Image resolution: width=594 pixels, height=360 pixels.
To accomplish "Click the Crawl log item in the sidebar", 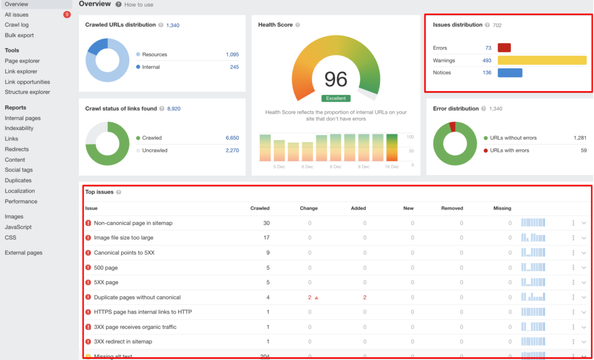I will click(x=16, y=25).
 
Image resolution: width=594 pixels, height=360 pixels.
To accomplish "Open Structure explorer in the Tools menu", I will click(x=27, y=92).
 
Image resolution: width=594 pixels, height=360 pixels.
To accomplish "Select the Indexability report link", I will click(x=19, y=128).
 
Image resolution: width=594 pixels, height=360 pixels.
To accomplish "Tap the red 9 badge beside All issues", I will click(x=67, y=14).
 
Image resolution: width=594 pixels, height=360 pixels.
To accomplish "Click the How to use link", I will click(x=139, y=5).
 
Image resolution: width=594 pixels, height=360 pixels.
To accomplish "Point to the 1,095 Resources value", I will click(x=232, y=54).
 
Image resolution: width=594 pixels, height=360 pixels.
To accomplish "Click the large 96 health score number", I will click(x=336, y=79).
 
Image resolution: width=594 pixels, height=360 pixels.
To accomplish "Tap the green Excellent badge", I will click(x=336, y=99).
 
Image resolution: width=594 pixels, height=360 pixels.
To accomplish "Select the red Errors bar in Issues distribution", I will click(x=504, y=48).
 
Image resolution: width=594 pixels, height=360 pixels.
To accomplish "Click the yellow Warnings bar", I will click(x=542, y=60).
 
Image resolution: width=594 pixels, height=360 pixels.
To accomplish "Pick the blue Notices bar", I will click(x=510, y=72).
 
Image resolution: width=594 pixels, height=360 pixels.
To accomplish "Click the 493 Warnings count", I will click(x=487, y=60).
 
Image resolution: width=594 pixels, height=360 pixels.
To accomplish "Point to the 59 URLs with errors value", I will click(x=583, y=150).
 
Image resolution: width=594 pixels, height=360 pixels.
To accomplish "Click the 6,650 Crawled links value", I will click(x=232, y=138).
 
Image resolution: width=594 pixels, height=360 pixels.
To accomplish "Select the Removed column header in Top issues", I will click(x=452, y=208).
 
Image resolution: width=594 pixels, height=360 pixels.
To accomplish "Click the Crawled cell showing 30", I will click(x=266, y=223).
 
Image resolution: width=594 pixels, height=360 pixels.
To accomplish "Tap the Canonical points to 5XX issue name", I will click(x=124, y=253).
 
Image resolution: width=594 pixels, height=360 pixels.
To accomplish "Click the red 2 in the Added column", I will click(x=364, y=297).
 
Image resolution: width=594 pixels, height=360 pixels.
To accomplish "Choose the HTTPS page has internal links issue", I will click(x=143, y=312).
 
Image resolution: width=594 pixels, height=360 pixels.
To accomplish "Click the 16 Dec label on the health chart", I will click(x=392, y=167).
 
